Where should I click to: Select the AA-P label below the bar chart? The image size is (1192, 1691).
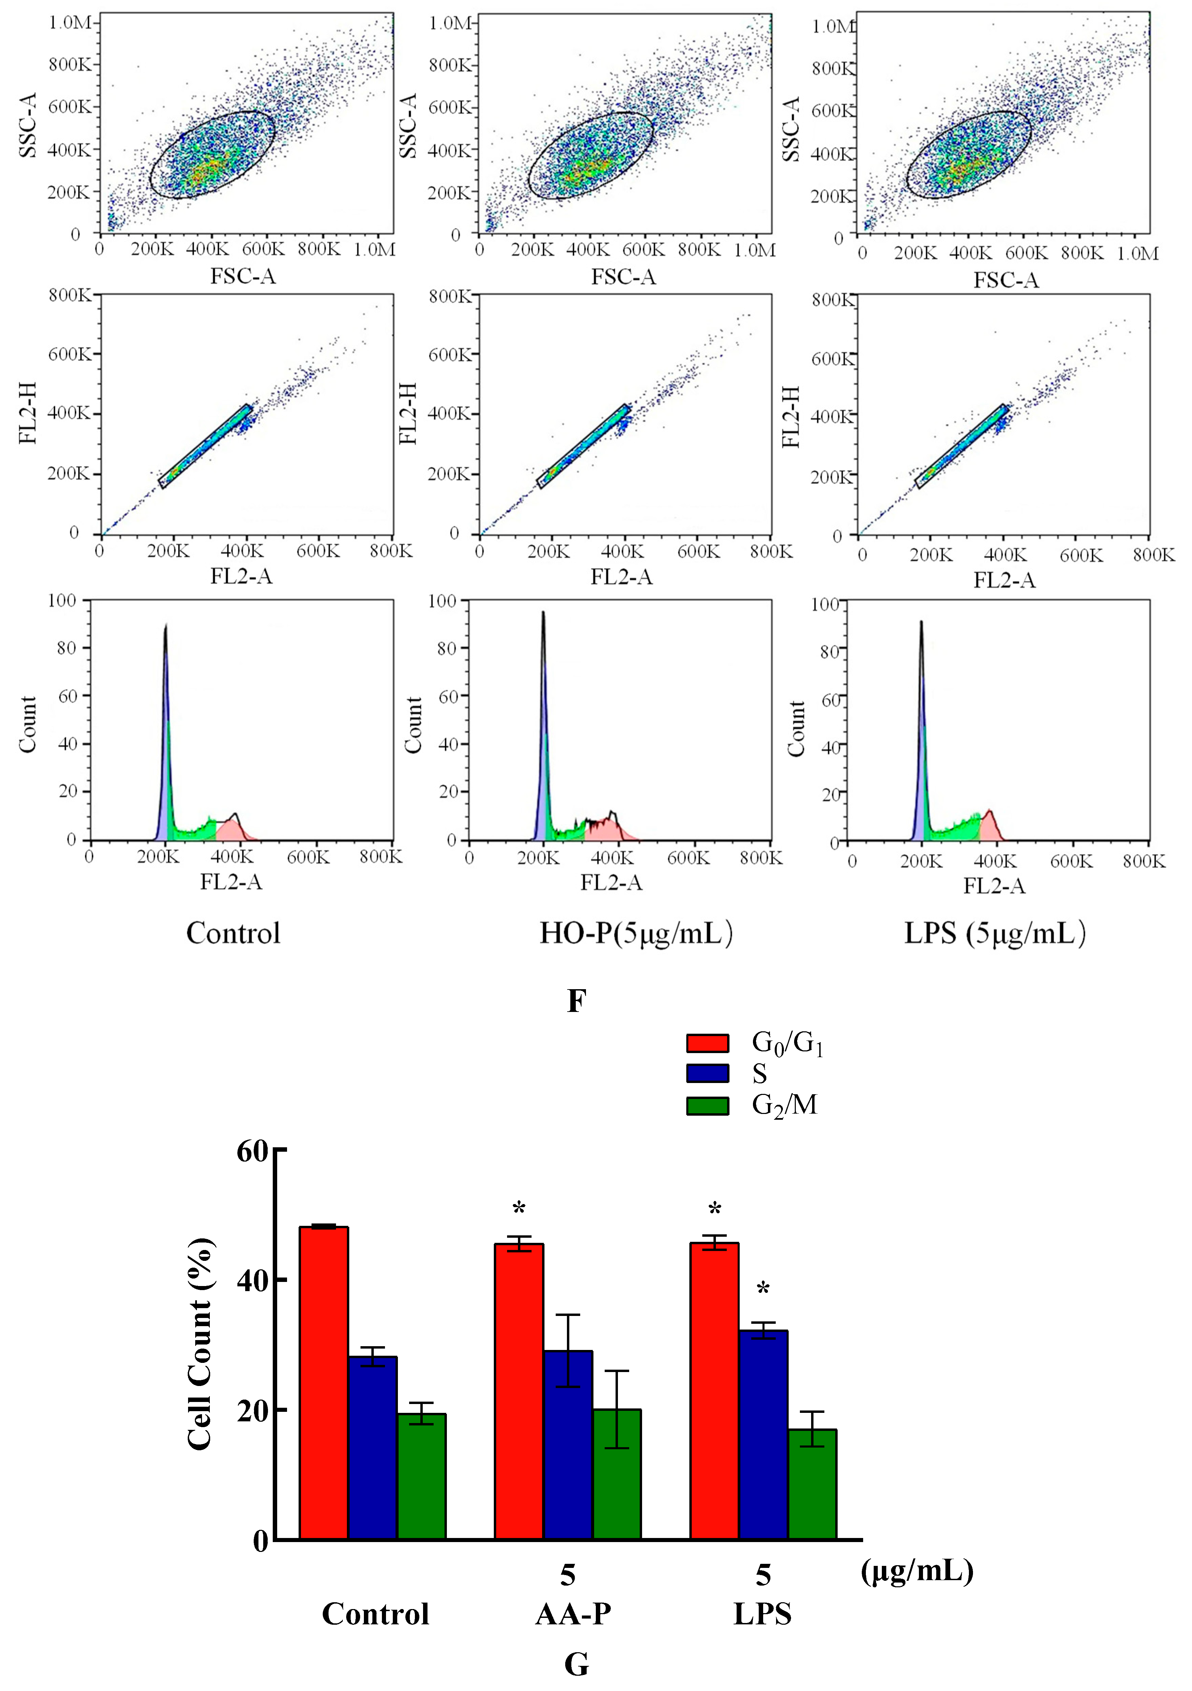coord(573,1614)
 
